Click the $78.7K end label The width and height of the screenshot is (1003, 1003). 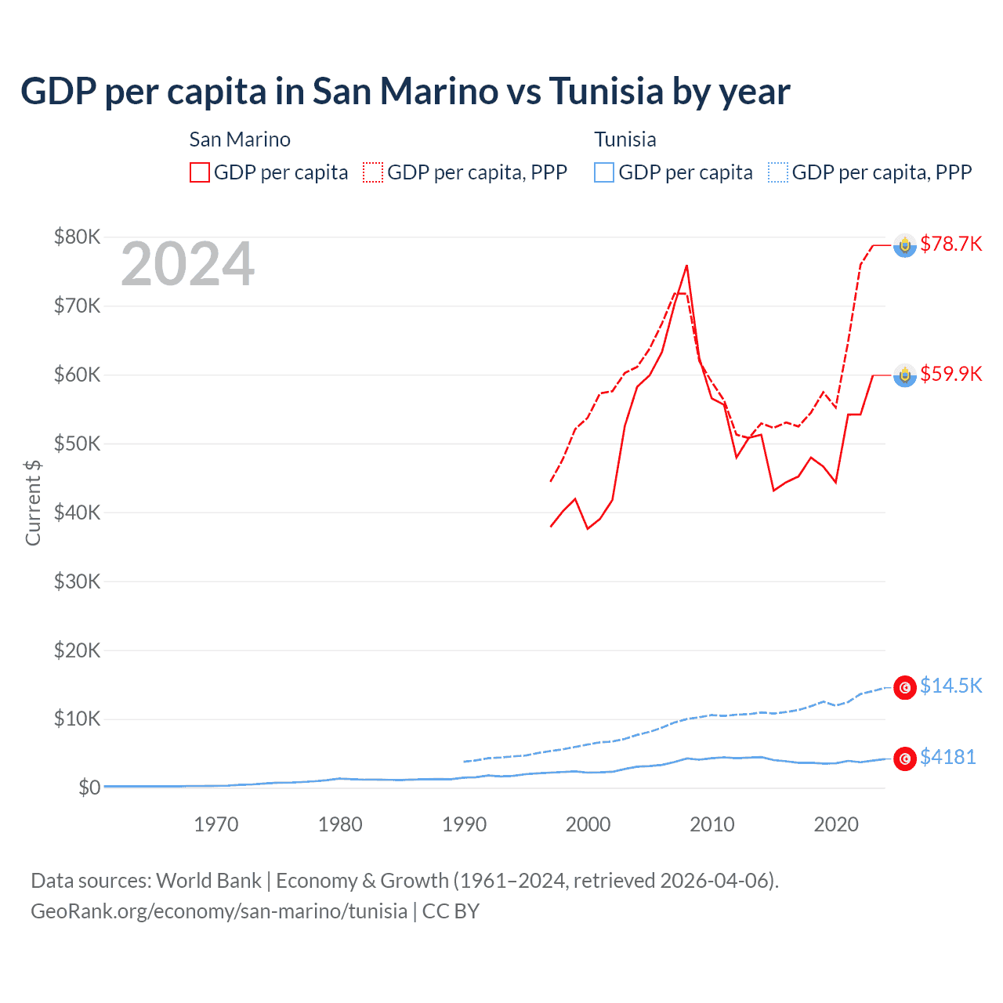tap(950, 244)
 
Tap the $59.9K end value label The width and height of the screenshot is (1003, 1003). tap(950, 374)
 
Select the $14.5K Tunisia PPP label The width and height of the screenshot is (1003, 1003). tap(950, 686)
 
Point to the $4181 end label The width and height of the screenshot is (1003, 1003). tap(947, 757)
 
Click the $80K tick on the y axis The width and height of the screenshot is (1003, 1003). tap(77, 237)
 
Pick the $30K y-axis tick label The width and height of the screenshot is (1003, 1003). tap(77, 581)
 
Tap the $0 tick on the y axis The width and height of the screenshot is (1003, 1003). tap(89, 788)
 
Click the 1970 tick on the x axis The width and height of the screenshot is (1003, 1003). tap(216, 824)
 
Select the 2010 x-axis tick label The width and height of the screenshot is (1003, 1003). tap(712, 824)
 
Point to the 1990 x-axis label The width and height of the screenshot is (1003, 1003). tap(465, 824)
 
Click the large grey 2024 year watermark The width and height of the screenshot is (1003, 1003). tap(188, 265)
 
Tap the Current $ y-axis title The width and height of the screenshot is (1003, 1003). tap(33, 503)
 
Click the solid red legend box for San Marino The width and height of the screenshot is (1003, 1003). tap(200, 172)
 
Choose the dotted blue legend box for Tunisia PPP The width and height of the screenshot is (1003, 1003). tap(778, 172)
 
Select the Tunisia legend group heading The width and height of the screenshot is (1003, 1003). tap(625, 139)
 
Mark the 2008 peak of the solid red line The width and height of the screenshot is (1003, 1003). tap(686, 266)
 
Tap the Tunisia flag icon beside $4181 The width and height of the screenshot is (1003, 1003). tap(905, 758)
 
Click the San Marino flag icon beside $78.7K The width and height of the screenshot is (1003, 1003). tap(905, 245)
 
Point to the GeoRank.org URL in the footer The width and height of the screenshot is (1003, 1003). tap(219, 911)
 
